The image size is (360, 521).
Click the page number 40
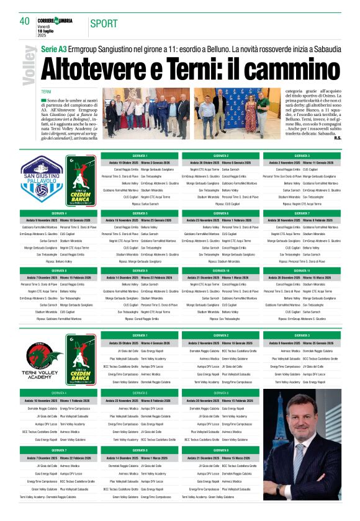tap(25, 21)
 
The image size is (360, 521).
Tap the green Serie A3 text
tap(53, 48)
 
